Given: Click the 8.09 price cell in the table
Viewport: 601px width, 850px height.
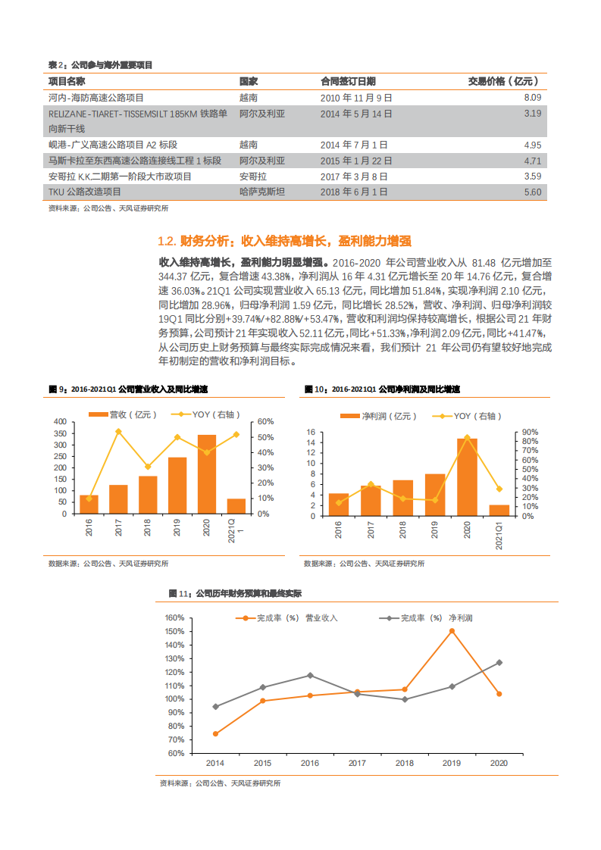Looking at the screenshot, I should point(532,98).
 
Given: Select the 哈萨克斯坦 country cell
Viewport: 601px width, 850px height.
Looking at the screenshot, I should point(262,192).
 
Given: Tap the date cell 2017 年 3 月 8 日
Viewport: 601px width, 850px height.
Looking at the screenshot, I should point(354,176).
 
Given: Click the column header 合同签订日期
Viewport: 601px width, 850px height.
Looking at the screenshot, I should point(348,81).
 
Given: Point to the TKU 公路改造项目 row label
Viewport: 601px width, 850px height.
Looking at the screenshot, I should point(84,192).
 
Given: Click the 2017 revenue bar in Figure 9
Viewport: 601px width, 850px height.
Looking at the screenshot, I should point(118,498).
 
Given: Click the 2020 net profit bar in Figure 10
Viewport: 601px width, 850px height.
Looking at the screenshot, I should point(467,477).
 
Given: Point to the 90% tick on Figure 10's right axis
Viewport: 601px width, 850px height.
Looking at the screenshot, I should point(530,432).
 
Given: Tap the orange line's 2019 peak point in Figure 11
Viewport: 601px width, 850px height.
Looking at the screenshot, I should point(452,630).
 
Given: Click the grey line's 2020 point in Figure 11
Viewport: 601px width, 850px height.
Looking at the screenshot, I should point(499,663).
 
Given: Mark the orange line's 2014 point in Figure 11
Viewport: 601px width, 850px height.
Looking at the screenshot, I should point(215,733).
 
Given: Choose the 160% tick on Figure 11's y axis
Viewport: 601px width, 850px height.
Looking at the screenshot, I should point(175,617).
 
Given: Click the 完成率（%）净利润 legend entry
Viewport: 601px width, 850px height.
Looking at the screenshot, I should point(436,618).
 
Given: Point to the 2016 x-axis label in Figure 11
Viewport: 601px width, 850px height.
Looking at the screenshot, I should point(310,763).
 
